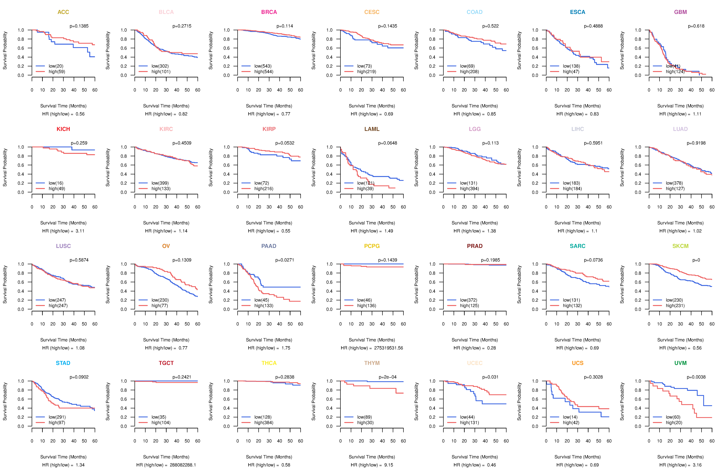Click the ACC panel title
click(x=63, y=12)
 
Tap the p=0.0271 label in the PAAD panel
click(x=284, y=260)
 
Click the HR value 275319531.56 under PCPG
click(x=388, y=348)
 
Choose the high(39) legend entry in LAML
click(x=365, y=189)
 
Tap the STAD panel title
click(x=63, y=363)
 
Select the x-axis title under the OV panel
click(x=166, y=340)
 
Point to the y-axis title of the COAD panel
click(x=416, y=51)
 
